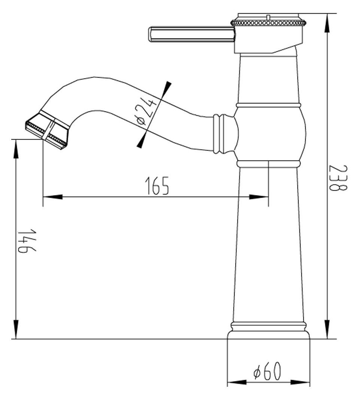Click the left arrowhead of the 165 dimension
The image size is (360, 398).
click(51, 197)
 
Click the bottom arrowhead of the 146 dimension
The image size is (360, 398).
click(16, 329)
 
